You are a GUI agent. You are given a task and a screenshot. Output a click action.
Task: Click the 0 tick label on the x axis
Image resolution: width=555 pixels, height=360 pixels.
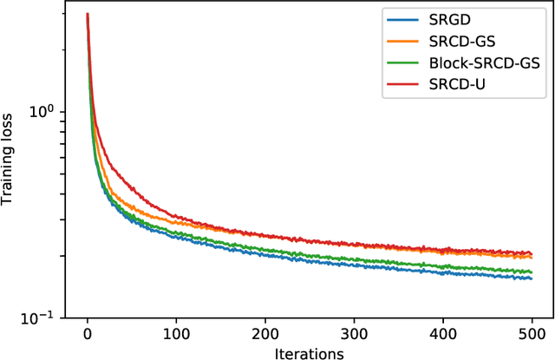click(88, 334)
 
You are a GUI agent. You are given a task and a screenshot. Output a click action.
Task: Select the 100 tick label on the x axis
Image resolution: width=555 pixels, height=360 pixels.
click(176, 334)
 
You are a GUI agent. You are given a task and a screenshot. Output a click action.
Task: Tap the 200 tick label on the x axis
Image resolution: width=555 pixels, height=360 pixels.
click(265, 334)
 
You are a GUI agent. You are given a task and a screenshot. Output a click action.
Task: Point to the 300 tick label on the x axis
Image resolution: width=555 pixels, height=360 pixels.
click(355, 334)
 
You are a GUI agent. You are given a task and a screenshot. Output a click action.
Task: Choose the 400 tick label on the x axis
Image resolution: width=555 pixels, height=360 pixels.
click(443, 334)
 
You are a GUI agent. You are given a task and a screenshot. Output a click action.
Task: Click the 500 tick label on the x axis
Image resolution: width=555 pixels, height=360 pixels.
click(532, 334)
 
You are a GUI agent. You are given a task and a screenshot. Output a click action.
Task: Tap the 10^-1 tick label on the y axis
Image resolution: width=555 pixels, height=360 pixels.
click(42, 317)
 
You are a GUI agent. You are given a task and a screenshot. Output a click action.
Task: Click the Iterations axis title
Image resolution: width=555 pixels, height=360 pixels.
click(310, 351)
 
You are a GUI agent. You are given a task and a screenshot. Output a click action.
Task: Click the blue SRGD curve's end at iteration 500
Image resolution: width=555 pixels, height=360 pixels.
click(532, 278)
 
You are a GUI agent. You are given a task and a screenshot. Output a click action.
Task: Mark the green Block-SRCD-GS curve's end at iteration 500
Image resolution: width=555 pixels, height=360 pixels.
click(532, 272)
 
